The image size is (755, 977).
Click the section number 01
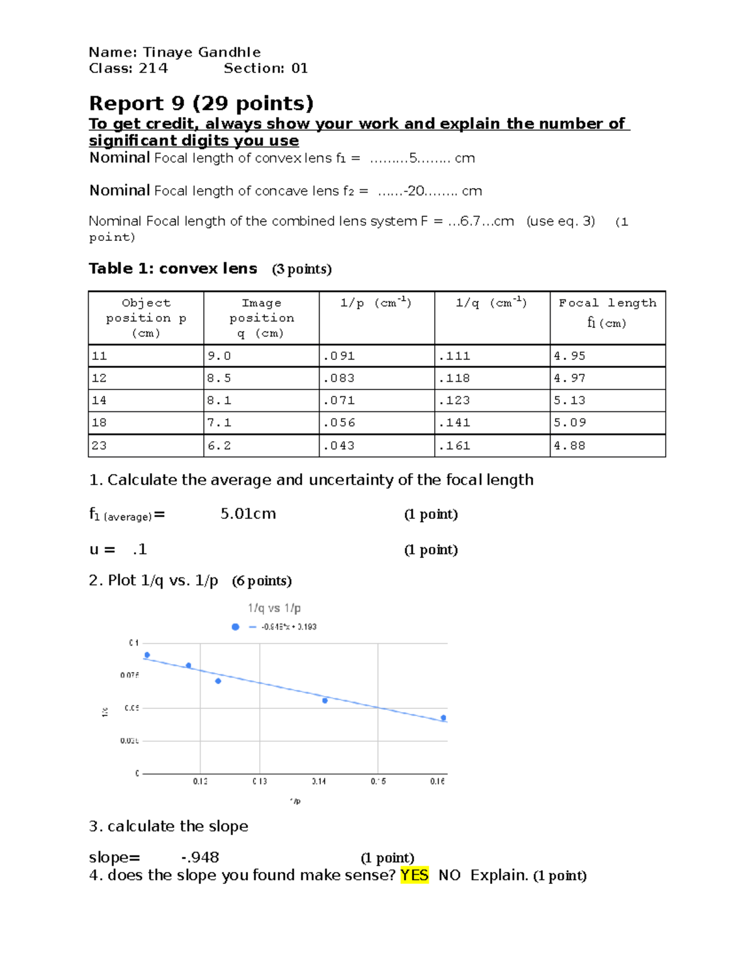(x=299, y=68)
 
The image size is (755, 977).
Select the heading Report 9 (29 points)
(x=201, y=103)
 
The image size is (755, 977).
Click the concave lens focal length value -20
(x=415, y=191)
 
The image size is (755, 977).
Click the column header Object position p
(x=146, y=318)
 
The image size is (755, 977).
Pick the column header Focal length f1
(x=607, y=313)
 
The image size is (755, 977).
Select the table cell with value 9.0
(x=220, y=356)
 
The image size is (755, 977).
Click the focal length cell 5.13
(x=569, y=400)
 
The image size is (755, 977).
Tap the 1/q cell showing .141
(x=454, y=423)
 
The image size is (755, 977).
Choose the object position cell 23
(x=99, y=445)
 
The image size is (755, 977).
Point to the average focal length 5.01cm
(x=248, y=514)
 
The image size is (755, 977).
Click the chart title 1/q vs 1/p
(x=274, y=608)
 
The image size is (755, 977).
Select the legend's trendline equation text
(x=289, y=627)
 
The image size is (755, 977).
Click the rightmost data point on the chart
(x=444, y=718)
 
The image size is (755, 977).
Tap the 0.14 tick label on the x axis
(x=319, y=781)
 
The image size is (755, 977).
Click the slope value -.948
(x=200, y=857)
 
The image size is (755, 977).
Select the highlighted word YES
(x=414, y=875)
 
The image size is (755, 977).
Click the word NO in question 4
(x=449, y=875)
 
